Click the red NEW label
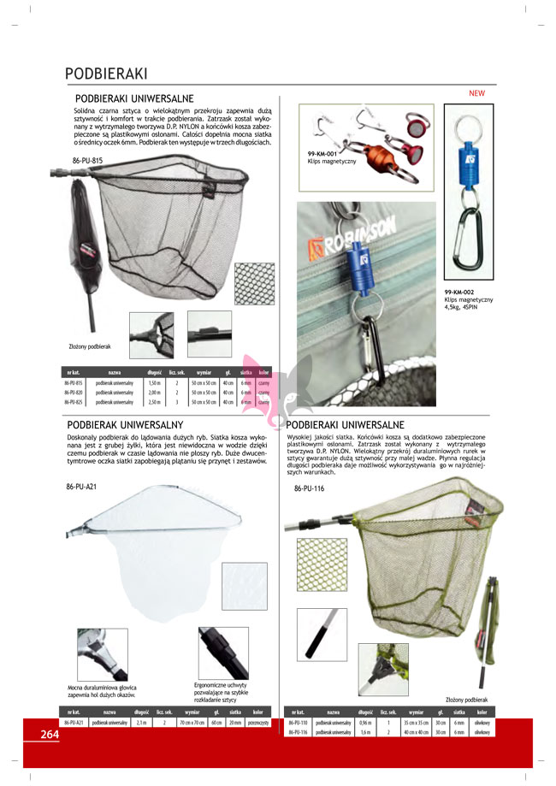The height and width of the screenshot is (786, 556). click(476, 92)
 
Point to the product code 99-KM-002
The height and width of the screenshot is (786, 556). click(461, 291)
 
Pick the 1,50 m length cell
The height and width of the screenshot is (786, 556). click(154, 384)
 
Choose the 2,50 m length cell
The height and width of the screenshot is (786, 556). click(154, 401)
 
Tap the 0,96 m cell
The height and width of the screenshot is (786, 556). click(364, 723)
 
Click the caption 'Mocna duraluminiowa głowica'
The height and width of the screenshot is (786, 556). click(101, 687)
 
